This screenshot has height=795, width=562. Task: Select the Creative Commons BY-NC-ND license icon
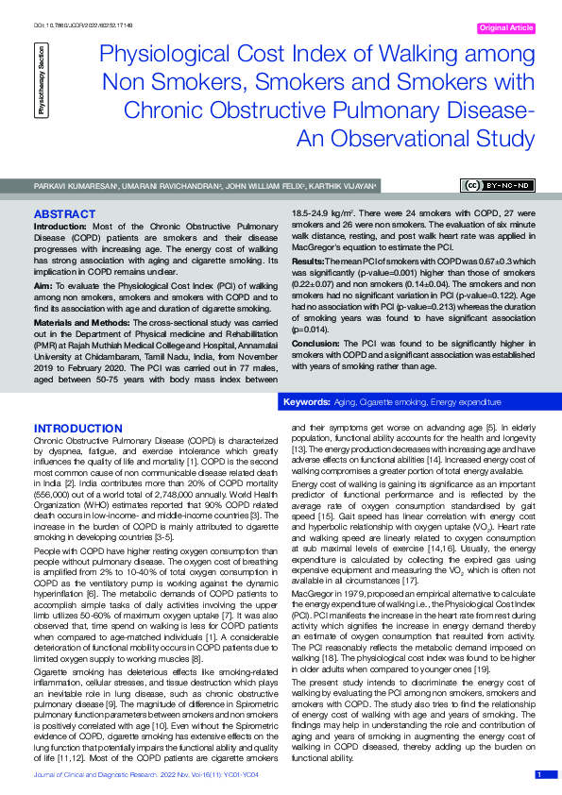(x=498, y=185)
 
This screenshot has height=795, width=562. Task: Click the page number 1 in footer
(x=539, y=774)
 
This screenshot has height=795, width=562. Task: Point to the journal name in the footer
(x=128, y=774)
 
